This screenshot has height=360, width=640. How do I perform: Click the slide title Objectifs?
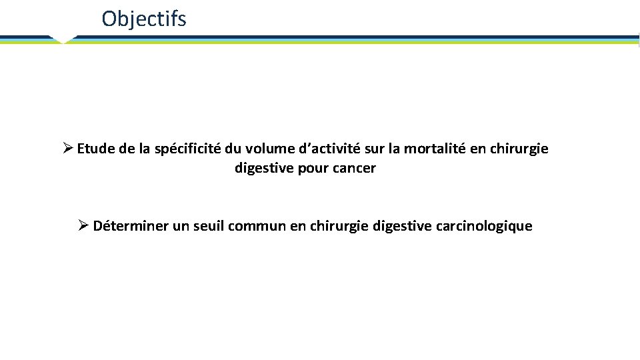[x=144, y=19]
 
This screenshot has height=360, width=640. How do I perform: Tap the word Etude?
[x=97, y=149]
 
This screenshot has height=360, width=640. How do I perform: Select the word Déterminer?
[x=131, y=226]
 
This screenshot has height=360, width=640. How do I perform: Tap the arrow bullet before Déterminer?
[x=83, y=225]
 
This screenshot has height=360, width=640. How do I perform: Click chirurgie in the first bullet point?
[x=519, y=149]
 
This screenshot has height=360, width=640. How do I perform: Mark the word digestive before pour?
[x=263, y=168]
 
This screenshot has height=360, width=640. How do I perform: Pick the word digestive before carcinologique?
[x=402, y=226]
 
